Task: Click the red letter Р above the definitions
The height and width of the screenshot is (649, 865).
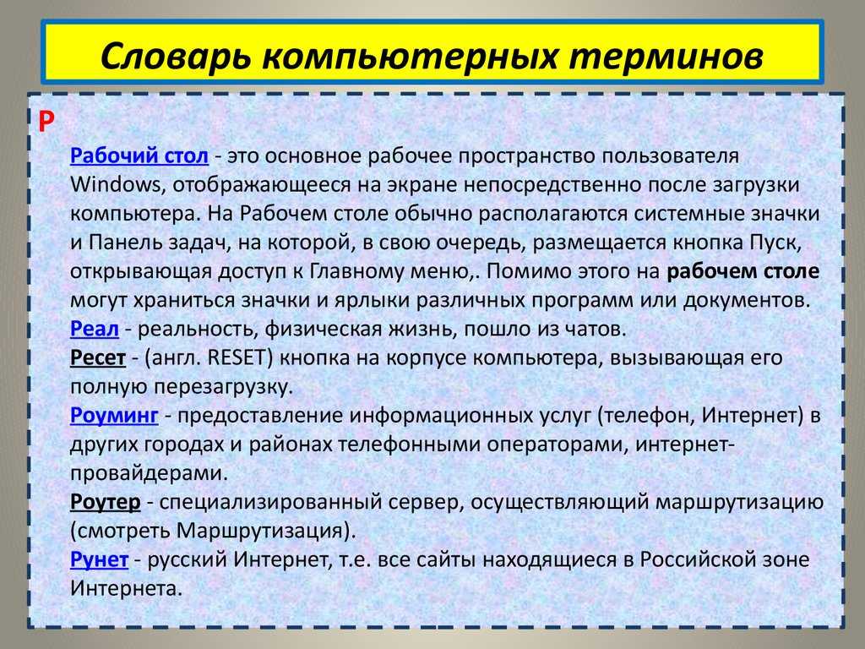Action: point(46,122)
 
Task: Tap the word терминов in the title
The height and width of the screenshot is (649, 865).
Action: point(666,57)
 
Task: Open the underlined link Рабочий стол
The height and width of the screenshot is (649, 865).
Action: point(139,155)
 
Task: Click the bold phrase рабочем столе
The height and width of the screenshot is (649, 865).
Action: point(743,271)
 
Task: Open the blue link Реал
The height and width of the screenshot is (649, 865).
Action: point(95,329)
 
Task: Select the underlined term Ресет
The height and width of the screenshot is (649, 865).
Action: point(98,357)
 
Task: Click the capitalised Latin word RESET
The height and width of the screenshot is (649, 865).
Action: point(240,357)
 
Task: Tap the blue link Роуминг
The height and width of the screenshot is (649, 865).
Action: point(114,416)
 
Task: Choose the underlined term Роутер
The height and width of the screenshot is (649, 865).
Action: point(106,502)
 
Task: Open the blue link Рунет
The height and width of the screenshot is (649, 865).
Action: point(100,559)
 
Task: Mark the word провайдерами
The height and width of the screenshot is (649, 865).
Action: point(149,473)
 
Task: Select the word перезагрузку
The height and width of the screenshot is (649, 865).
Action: point(223,387)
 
